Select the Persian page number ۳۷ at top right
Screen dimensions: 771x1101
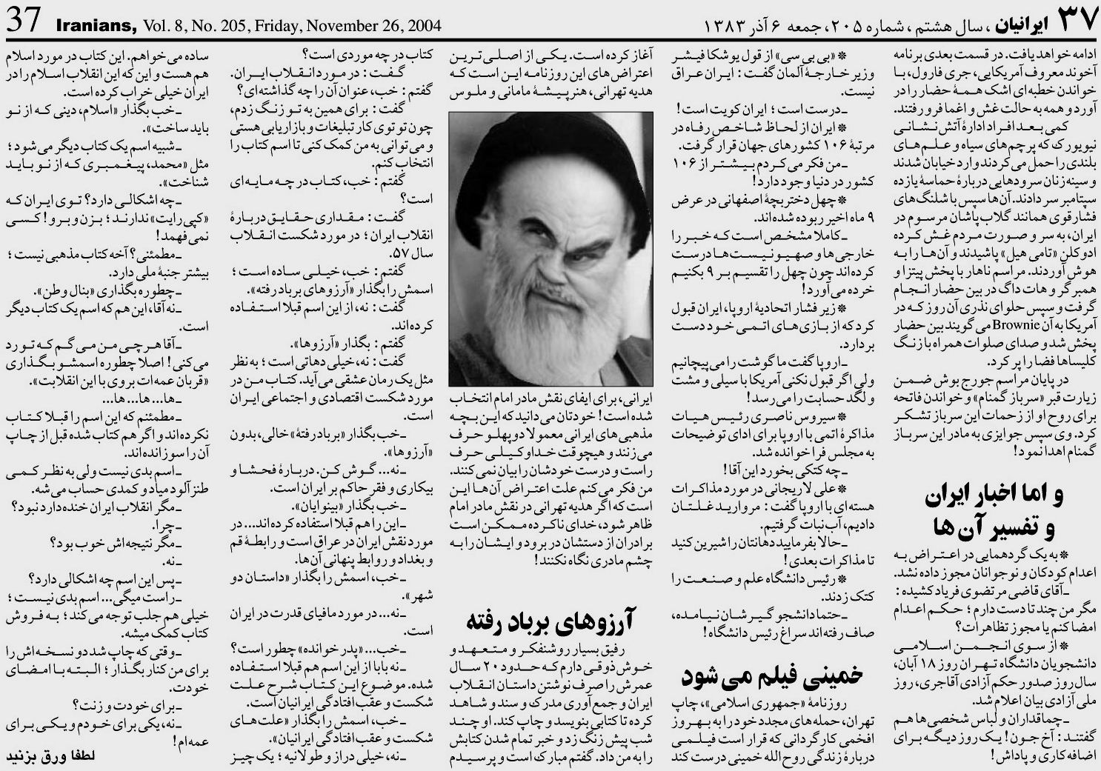point(1070,22)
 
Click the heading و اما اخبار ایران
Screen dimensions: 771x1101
point(993,498)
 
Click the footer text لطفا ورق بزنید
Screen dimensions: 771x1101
point(52,757)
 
